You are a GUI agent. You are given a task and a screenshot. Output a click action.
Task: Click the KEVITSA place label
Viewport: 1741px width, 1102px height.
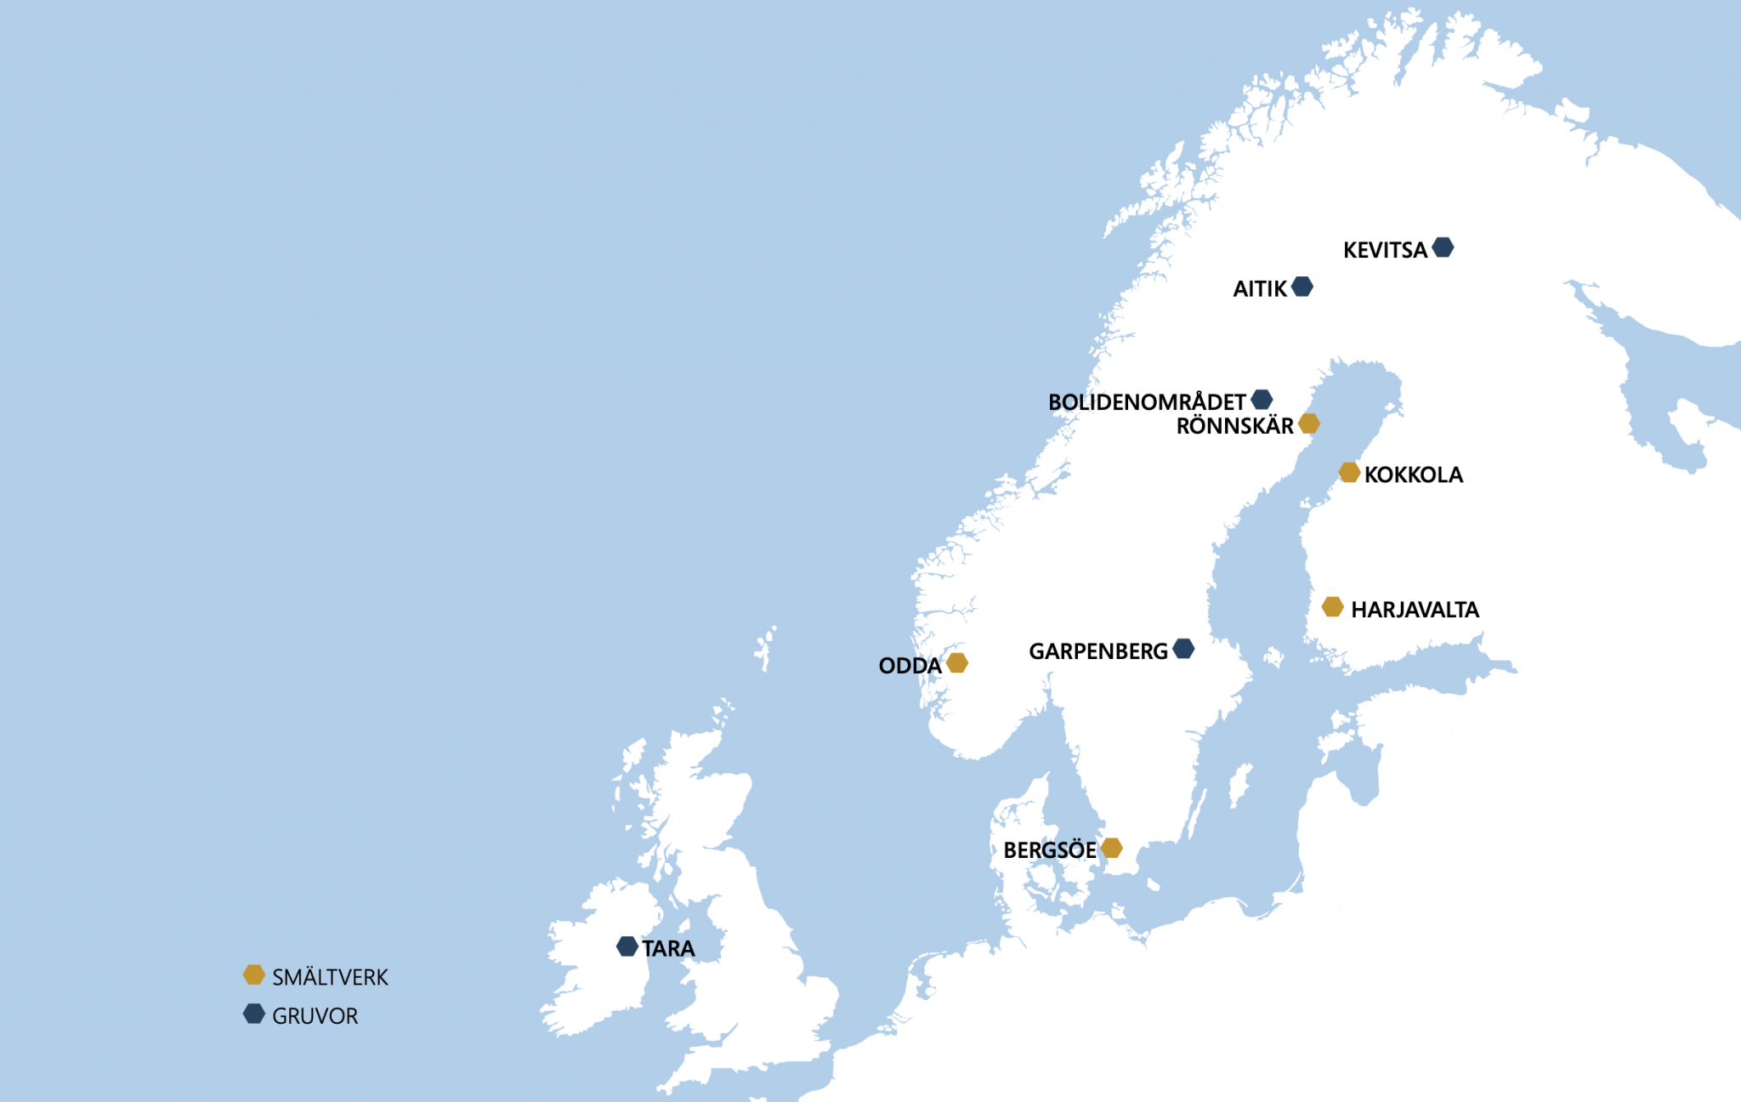tap(1385, 250)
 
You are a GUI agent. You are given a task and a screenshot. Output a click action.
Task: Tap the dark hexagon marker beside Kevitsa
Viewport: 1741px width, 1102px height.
tap(1443, 247)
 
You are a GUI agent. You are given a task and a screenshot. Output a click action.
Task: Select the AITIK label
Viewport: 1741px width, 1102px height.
tap(1260, 289)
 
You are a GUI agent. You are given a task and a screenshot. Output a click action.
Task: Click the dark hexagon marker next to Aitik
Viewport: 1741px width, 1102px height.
tap(1301, 287)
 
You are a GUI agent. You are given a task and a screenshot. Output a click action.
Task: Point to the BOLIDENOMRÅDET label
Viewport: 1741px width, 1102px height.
tap(1147, 402)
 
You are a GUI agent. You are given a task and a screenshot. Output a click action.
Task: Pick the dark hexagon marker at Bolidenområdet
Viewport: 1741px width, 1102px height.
tap(1262, 400)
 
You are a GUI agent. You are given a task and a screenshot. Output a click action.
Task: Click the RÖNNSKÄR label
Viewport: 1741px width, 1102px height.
tap(1234, 426)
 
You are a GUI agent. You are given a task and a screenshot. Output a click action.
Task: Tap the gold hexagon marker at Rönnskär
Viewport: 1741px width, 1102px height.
tap(1309, 423)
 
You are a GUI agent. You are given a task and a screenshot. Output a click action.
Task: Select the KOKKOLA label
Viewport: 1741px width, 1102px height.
tap(1414, 475)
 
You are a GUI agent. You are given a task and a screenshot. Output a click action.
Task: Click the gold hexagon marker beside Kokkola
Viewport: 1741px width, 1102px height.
tap(1349, 473)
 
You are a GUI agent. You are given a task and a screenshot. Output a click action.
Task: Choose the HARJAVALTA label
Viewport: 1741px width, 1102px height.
tap(1415, 610)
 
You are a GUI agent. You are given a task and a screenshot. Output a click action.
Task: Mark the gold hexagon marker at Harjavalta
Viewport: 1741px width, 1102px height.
tap(1333, 607)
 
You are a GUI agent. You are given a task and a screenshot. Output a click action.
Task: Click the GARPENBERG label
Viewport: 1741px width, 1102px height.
tap(1098, 652)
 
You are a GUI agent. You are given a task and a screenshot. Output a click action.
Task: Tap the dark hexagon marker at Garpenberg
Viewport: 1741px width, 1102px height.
tap(1183, 649)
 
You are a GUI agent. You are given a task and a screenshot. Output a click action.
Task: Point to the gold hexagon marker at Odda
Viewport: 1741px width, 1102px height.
tap(957, 662)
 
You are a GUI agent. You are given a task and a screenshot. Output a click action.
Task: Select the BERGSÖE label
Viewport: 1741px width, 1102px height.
tap(1050, 850)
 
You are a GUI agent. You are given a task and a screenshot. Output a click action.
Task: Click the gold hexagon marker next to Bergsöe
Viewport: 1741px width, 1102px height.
tap(1111, 848)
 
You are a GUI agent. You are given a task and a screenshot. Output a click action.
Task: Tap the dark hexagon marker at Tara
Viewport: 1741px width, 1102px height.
tap(627, 946)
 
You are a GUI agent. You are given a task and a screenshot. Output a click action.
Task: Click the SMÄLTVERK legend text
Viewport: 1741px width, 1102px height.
tap(330, 978)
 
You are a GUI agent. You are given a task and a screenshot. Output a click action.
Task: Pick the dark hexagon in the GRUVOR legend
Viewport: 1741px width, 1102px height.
tap(254, 1014)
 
